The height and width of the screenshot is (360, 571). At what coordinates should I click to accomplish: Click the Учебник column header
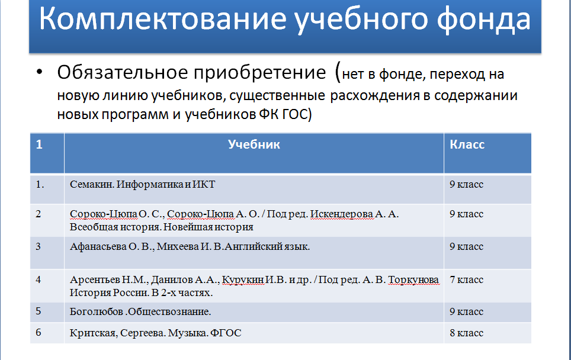(x=254, y=145)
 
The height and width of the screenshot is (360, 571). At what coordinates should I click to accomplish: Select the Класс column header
(x=467, y=145)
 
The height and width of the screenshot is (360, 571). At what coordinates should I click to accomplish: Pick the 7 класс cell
(x=466, y=279)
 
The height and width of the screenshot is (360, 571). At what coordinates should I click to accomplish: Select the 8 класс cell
(x=466, y=333)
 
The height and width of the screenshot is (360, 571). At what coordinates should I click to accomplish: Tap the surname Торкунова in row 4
(x=413, y=279)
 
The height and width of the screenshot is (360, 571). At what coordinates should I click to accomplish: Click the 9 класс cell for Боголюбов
(x=466, y=311)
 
